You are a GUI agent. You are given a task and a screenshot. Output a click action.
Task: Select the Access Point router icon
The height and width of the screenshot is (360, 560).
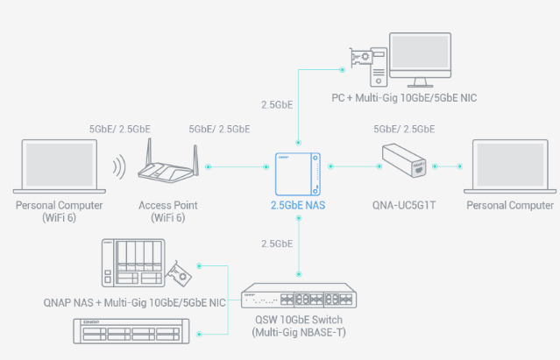pos(174,166)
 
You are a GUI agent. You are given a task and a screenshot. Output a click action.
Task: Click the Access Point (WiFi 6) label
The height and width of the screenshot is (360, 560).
pos(171,210)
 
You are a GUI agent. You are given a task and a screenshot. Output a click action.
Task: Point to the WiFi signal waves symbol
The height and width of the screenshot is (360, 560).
pos(116,166)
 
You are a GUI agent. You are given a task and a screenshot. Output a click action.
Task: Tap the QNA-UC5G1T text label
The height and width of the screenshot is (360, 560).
pos(404,206)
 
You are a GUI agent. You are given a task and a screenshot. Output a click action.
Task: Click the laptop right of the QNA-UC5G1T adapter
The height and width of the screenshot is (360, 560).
pos(512,165)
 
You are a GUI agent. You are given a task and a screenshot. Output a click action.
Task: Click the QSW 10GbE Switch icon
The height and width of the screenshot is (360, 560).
pos(299,296)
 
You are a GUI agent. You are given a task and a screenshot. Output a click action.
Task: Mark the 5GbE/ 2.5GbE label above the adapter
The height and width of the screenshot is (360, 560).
pos(404,128)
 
